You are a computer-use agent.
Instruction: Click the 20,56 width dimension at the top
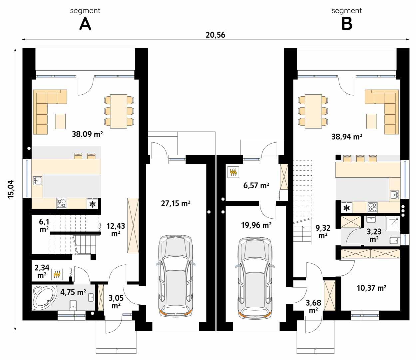(x=215, y=35)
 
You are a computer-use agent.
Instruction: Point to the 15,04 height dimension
(x=11, y=189)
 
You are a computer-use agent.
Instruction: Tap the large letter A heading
(x=85, y=24)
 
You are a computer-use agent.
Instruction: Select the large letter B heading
(x=346, y=24)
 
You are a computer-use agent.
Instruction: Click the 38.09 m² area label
(x=87, y=134)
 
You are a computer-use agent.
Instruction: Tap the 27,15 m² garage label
(x=176, y=203)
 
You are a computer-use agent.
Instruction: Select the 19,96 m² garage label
(x=256, y=225)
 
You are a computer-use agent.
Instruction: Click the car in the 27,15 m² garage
(x=176, y=276)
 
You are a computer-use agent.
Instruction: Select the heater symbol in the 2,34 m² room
(x=57, y=274)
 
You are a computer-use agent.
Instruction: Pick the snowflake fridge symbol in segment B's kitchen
(x=347, y=208)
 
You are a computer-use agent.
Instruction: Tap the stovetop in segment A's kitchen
(x=61, y=203)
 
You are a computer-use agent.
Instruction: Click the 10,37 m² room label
(x=371, y=288)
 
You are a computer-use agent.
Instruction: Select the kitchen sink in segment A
(x=37, y=181)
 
